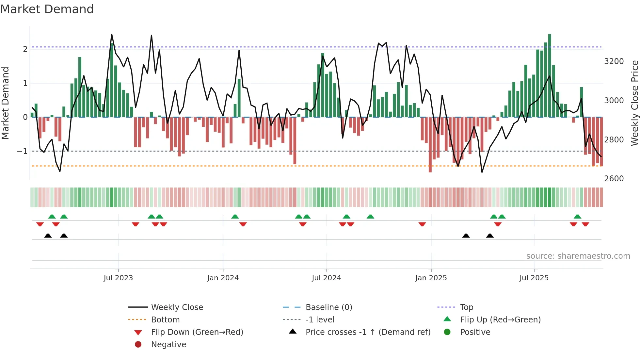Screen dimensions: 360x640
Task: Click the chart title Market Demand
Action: point(47,9)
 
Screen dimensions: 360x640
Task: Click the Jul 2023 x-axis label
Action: point(118,278)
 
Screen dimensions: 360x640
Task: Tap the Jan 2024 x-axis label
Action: point(223,278)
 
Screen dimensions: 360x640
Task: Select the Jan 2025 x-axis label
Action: point(431,278)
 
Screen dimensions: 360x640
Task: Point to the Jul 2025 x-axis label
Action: point(534,278)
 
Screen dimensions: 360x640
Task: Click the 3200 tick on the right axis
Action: point(614,61)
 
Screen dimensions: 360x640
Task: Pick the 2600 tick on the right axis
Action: point(614,179)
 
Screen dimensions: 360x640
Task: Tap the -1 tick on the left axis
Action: point(22,151)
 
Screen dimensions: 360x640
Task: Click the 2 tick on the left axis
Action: point(25,49)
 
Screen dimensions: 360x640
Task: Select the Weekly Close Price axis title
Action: point(634,103)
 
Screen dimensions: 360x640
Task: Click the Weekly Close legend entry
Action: point(177,307)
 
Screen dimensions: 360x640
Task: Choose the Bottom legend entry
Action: point(165,320)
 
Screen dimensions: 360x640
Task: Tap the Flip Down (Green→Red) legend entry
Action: point(197,332)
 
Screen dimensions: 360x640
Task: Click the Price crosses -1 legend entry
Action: point(368,332)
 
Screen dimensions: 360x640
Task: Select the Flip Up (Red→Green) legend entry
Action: point(500,320)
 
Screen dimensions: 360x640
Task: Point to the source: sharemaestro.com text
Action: point(578,256)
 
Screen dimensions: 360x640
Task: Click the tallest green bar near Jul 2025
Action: point(550,75)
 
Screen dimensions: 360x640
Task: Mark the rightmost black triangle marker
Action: point(490,236)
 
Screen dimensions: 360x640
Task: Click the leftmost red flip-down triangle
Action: point(40,224)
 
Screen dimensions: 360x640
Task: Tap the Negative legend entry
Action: point(168,345)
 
